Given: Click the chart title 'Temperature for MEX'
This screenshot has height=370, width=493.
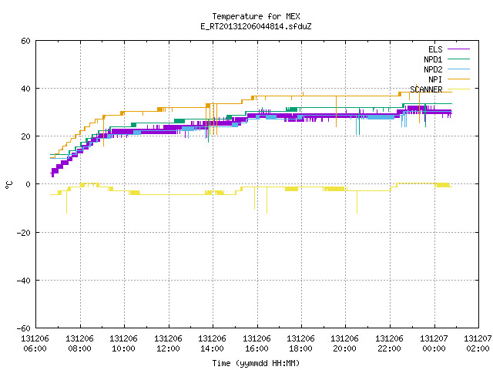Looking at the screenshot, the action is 256,16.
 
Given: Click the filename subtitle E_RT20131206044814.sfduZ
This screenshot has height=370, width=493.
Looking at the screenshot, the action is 256,26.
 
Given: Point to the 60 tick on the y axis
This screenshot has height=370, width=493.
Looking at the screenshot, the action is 25,41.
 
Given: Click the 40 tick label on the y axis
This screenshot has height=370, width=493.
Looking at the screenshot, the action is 25,89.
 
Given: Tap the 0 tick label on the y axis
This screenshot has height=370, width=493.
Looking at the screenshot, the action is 29,184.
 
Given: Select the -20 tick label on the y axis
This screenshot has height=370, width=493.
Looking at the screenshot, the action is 24,233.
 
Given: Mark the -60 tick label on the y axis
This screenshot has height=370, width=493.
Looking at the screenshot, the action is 24,328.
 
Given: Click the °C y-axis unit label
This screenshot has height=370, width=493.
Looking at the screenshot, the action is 8,185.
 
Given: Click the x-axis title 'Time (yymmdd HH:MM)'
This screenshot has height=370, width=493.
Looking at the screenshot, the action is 256,363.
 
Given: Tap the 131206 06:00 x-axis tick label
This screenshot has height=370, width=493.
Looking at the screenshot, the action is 35,344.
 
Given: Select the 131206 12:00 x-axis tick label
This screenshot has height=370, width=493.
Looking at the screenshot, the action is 168,344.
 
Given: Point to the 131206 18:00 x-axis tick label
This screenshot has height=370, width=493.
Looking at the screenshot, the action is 301,344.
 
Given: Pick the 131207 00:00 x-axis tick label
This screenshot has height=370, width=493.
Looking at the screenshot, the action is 434,344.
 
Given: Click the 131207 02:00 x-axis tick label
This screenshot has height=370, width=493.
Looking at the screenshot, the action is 478,344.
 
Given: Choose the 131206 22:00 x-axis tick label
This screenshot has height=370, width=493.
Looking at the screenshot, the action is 390,344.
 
